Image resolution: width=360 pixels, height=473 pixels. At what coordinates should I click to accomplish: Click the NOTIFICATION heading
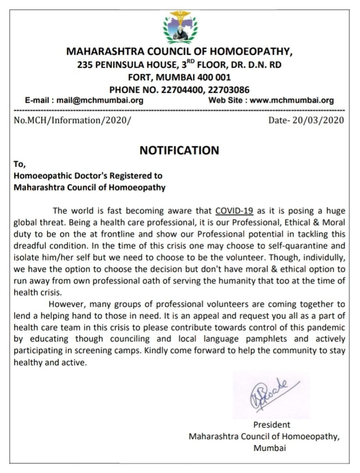pyautogui.click(x=179, y=150)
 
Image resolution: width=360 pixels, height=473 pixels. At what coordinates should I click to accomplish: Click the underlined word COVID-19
pyautogui.click(x=234, y=211)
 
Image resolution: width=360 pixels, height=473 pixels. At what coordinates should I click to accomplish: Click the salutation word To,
pyautogui.click(x=20, y=165)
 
